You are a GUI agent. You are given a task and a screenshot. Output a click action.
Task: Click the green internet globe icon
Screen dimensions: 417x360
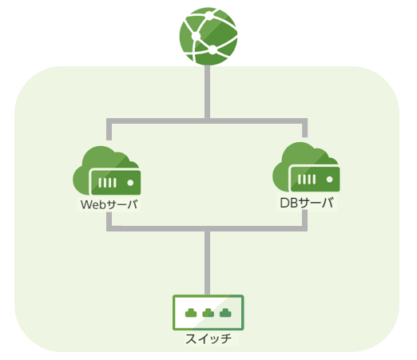coord(208,36)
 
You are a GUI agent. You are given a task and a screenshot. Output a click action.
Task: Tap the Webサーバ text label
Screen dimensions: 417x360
coord(109,204)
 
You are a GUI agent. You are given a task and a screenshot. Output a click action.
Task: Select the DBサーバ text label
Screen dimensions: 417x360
coord(307,203)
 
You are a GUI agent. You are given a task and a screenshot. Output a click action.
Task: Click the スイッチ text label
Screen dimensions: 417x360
coord(208,338)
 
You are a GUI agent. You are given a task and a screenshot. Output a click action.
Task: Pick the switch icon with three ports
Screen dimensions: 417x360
coord(208,312)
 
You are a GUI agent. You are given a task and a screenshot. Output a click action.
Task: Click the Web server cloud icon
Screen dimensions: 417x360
coord(107,171)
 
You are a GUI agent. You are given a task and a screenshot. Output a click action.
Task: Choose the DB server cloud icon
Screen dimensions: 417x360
coord(306,167)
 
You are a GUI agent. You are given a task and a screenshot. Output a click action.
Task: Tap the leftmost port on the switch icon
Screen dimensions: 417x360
coord(191,313)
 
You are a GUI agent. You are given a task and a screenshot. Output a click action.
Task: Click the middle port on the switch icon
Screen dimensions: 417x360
coord(208,313)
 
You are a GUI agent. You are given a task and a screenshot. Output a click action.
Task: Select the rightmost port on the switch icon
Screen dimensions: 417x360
coord(225,313)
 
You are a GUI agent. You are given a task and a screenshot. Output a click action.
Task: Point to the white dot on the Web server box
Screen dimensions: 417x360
coord(130,183)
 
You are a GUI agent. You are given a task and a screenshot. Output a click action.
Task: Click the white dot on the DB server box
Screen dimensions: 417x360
coord(330,180)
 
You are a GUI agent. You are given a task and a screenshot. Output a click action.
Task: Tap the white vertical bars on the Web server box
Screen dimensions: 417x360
coord(107,183)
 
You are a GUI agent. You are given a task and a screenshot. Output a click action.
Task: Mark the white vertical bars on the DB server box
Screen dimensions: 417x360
coord(307,180)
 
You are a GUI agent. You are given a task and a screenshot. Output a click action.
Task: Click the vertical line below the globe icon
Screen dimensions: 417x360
coord(208,92)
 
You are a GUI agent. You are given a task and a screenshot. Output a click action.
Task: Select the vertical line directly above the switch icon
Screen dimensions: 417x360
coord(208,263)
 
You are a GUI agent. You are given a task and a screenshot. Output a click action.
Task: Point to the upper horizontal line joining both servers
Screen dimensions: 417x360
coord(207,121)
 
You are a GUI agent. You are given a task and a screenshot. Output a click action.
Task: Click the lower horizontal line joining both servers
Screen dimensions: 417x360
coord(207,228)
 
